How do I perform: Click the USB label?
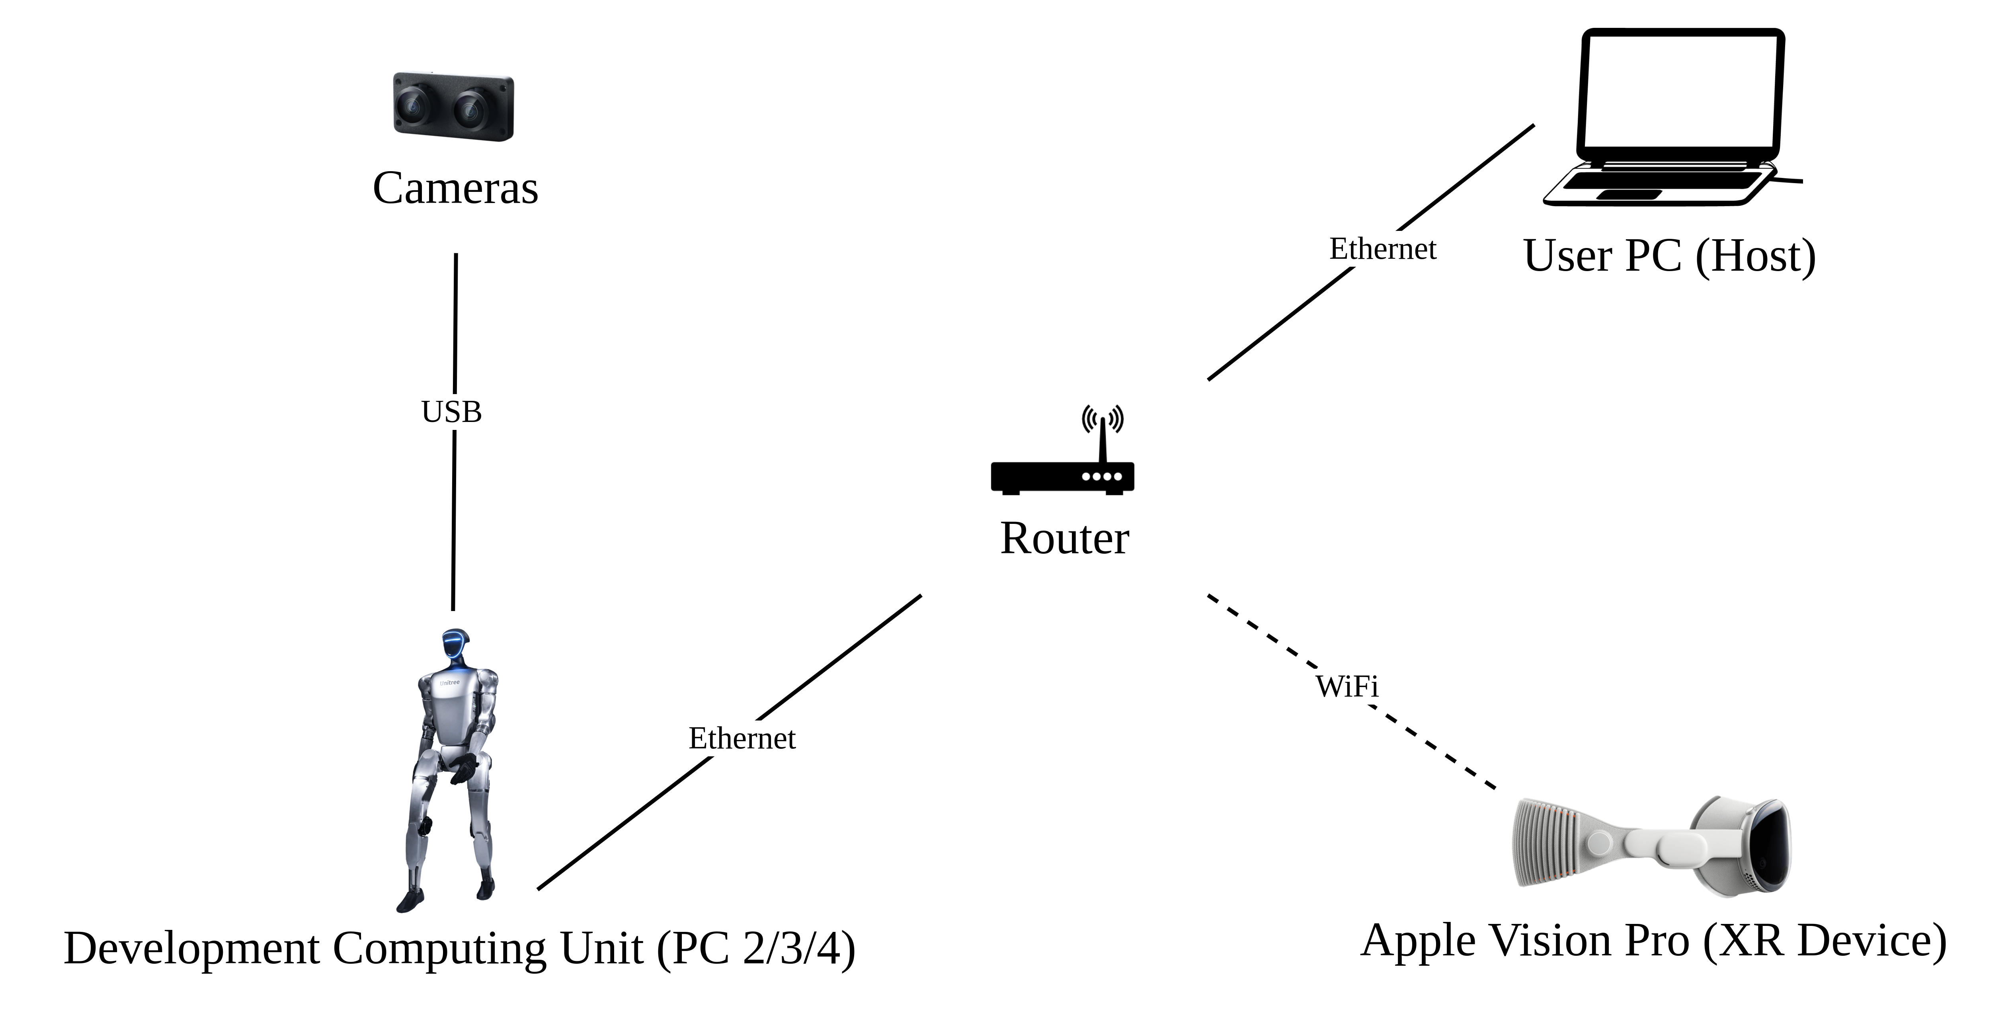(x=451, y=411)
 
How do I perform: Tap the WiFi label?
(x=1347, y=686)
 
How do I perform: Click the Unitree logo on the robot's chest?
(x=449, y=683)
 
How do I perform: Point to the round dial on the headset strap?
(x=1599, y=843)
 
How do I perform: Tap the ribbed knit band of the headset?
(x=1541, y=843)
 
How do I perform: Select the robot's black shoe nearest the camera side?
(x=407, y=904)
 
